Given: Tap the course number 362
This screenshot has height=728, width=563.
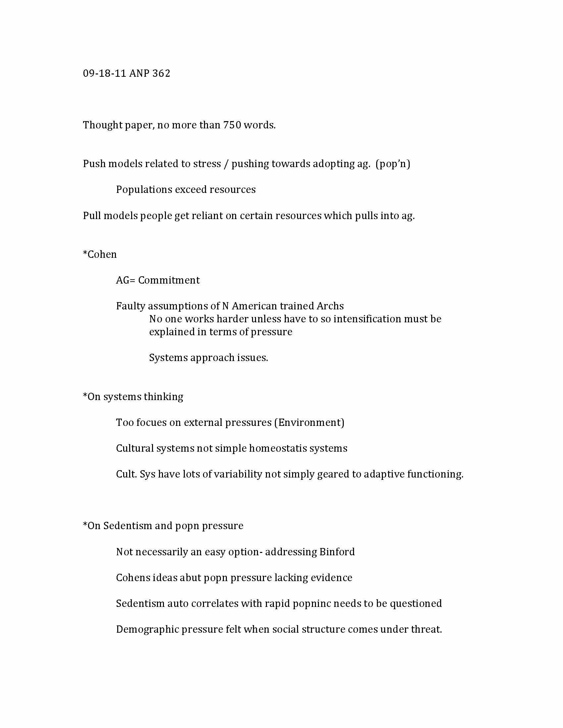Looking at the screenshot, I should [161, 73].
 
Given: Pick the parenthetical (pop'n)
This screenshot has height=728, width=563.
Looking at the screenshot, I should [392, 164].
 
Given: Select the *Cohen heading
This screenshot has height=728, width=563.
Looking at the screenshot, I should [100, 254].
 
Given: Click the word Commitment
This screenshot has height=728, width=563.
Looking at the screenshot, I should [169, 280].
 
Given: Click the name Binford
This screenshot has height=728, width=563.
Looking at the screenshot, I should [337, 552].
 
